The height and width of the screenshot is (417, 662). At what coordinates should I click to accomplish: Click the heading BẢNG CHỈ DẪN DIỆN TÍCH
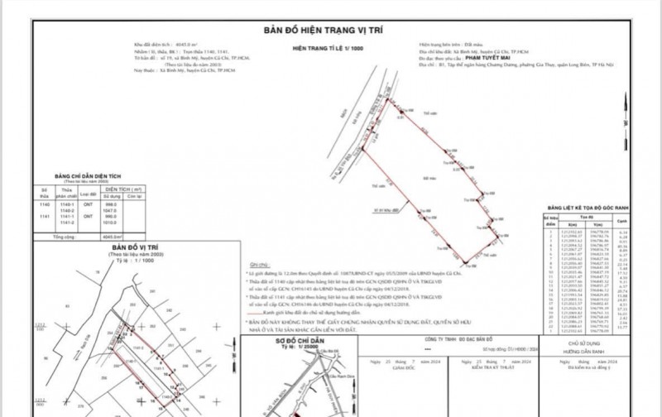click(77, 175)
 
